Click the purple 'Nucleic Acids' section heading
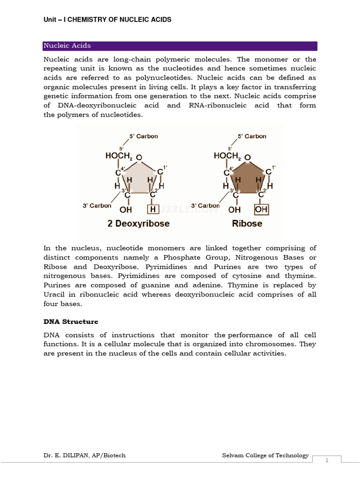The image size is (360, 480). tap(67, 46)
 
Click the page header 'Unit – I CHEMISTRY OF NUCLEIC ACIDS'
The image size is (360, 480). tap(107, 20)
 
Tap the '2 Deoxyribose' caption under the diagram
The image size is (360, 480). tap(139, 224)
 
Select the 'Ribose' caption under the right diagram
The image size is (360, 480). tap(247, 224)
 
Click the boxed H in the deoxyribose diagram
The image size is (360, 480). tap(153, 210)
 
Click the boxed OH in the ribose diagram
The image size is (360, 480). tap(261, 210)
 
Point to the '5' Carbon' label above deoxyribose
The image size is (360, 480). tap(143, 136)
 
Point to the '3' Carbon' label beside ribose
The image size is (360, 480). tap(205, 206)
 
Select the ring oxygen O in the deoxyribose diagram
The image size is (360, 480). tap(139, 157)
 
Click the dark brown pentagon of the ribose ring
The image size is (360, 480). tap(247, 178)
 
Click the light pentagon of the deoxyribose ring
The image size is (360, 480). tap(139, 178)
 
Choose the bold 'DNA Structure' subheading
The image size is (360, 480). tap(71, 322)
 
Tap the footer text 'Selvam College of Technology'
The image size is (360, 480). tap(265, 455)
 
